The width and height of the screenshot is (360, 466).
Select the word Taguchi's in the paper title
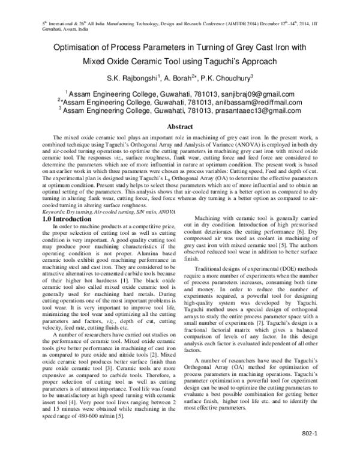tap(244, 62)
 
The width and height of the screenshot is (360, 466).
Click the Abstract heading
tap(179, 127)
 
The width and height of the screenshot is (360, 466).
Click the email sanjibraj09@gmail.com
tap(253, 94)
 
